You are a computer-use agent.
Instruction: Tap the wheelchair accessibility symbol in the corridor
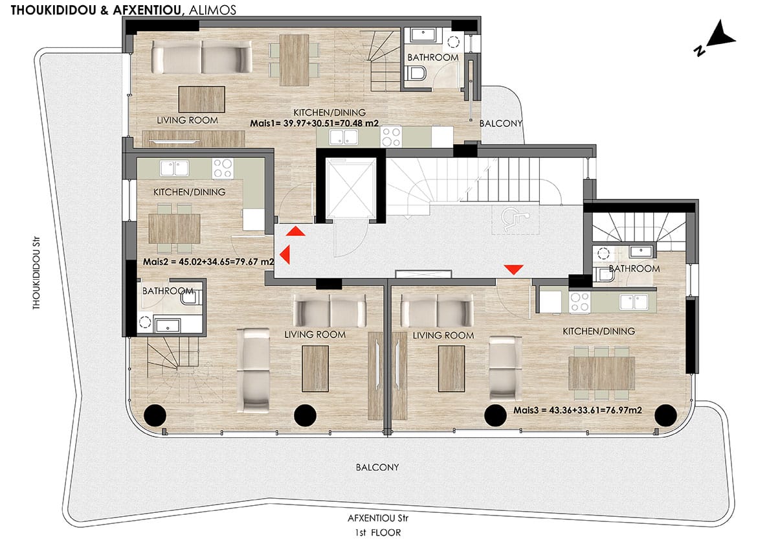pyautogui.click(x=514, y=218)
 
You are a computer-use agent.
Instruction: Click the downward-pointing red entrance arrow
pyautogui.click(x=514, y=269)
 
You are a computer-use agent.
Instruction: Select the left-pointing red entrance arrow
pyautogui.click(x=284, y=254)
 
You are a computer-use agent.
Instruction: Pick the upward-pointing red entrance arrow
pyautogui.click(x=296, y=231)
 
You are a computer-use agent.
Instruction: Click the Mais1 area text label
pyautogui.click(x=315, y=123)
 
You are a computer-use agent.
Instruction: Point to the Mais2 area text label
pyautogui.click(x=208, y=262)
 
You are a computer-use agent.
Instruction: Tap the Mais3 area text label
pyautogui.click(x=577, y=410)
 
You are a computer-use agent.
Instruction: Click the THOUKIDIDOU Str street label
pyautogui.click(x=37, y=273)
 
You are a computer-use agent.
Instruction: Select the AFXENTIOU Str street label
pyautogui.click(x=377, y=518)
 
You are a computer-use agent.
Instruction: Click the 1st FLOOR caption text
pyautogui.click(x=377, y=532)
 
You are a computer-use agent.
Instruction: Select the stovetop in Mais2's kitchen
pyautogui.click(x=222, y=168)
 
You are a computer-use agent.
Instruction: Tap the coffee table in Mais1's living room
pyautogui.click(x=201, y=99)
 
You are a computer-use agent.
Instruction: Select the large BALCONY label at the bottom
pyautogui.click(x=377, y=468)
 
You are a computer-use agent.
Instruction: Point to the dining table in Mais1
pyautogui.click(x=295, y=60)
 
